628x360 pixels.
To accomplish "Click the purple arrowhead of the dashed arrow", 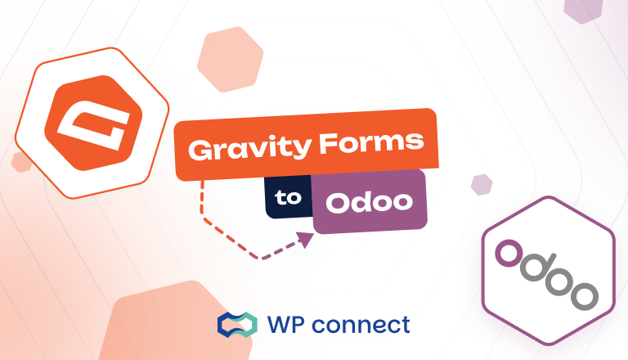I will point(307,239).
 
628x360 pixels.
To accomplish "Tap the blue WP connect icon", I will point(236,325).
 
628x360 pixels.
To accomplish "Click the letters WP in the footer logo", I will point(287,325).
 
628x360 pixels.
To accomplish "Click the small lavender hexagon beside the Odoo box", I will point(482,184).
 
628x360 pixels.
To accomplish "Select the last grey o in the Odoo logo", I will point(583,295).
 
